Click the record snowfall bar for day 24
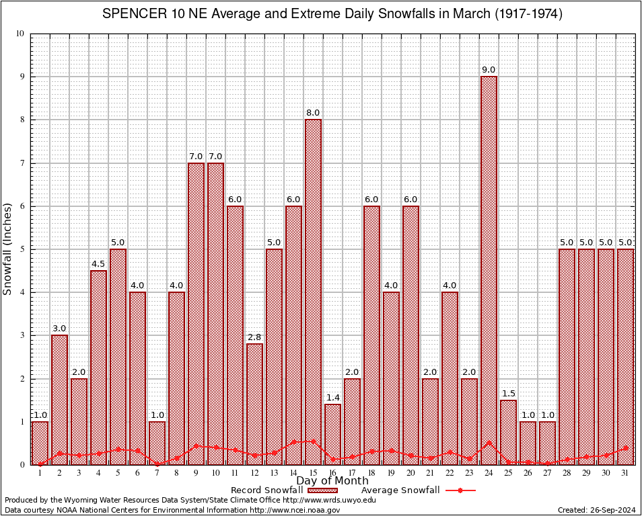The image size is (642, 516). [x=489, y=269]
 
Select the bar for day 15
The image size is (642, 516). [x=313, y=289]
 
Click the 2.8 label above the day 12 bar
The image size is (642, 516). [x=254, y=338]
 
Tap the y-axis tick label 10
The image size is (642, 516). [x=20, y=34]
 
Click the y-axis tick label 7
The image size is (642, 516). [x=22, y=163]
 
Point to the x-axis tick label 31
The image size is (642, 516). [x=625, y=473]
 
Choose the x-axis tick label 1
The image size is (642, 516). [x=40, y=473]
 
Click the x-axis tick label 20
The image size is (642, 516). [x=411, y=473]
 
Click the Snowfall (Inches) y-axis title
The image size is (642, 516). [x=8, y=249]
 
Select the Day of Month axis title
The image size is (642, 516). [x=332, y=481]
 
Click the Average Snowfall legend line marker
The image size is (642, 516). [x=460, y=490]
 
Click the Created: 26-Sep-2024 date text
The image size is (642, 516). [x=597, y=510]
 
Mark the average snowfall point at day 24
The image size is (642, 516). [x=489, y=443]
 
